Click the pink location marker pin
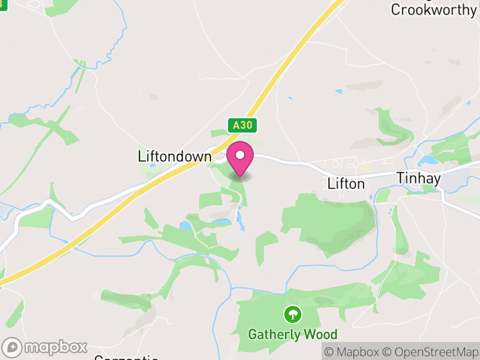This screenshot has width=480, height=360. (x=240, y=158)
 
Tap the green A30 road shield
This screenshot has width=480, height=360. (x=243, y=125)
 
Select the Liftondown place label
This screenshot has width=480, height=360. (x=175, y=157)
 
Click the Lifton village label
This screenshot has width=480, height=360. (x=346, y=184)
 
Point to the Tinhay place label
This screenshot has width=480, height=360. (x=419, y=178)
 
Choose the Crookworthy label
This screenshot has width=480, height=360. (x=434, y=10)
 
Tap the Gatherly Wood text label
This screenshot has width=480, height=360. (x=293, y=334)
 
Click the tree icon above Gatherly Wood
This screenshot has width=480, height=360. (x=293, y=313)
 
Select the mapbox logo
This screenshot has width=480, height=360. (x=46, y=347)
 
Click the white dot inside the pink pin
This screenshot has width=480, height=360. (x=240, y=155)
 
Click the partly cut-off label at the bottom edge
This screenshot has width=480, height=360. (x=126, y=358)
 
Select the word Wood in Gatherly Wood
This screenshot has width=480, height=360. (x=321, y=334)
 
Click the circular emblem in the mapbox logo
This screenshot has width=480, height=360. (x=13, y=347)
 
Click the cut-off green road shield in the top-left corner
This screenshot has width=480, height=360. (x=3, y=2)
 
